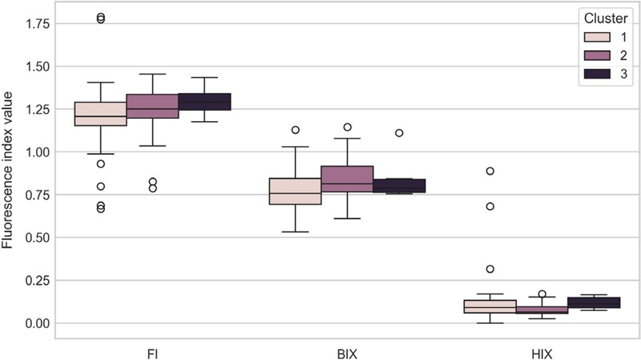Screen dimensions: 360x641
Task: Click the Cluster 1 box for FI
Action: point(100,114)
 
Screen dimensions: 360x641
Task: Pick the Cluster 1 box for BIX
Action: point(295,191)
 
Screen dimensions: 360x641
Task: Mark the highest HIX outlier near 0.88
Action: point(490,172)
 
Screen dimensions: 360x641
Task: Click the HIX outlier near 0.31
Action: point(490,269)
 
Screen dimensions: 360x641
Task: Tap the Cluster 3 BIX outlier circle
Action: point(399,133)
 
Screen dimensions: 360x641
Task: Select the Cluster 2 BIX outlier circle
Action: point(347,127)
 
